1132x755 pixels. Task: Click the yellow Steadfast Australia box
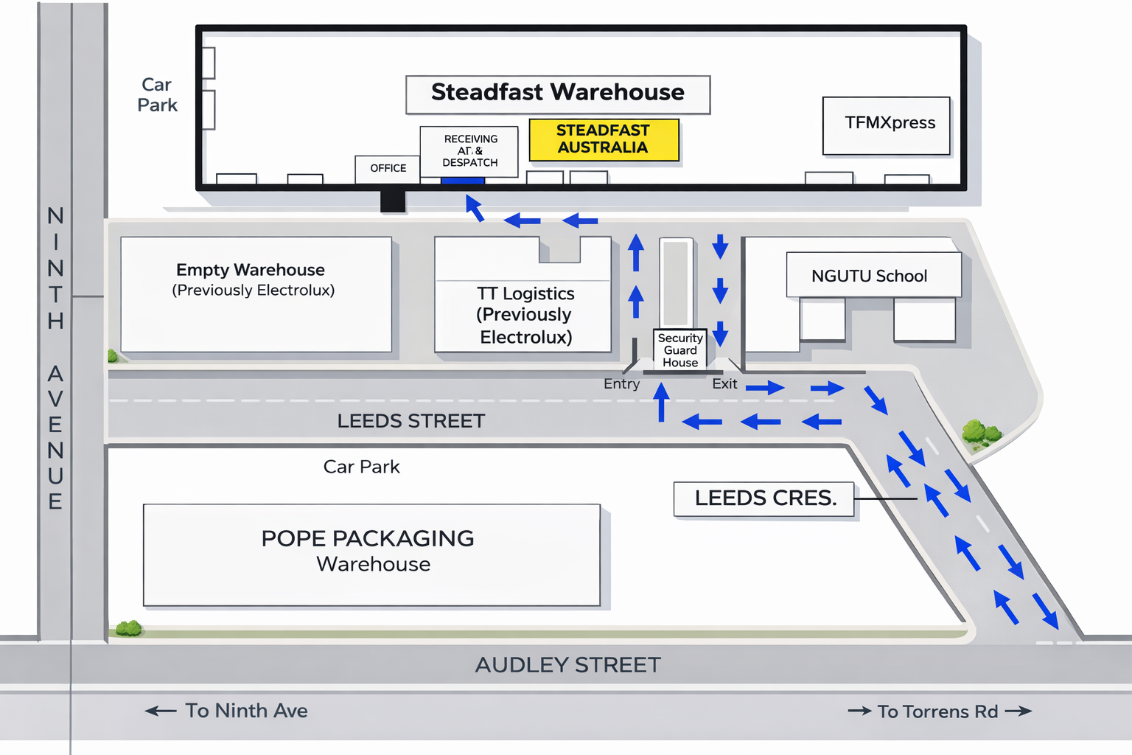[x=604, y=139]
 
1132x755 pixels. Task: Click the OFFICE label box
[x=388, y=168]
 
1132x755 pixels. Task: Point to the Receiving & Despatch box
[x=469, y=150]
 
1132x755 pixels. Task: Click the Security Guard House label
[x=680, y=349]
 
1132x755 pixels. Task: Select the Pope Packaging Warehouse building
[x=371, y=554]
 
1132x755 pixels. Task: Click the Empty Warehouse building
[x=256, y=293]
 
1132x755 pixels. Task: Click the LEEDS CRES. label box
[x=764, y=498]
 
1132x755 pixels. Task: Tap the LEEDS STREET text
[x=411, y=421]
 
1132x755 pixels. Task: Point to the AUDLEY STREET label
[x=567, y=665]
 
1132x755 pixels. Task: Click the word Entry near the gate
[x=621, y=384]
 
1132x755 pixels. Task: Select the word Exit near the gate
[x=724, y=384]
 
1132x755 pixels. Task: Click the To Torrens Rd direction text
[x=937, y=711]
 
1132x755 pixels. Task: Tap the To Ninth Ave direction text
[x=246, y=711]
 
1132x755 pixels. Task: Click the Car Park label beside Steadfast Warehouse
[x=157, y=95]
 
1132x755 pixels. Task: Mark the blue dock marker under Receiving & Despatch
[x=462, y=181]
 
